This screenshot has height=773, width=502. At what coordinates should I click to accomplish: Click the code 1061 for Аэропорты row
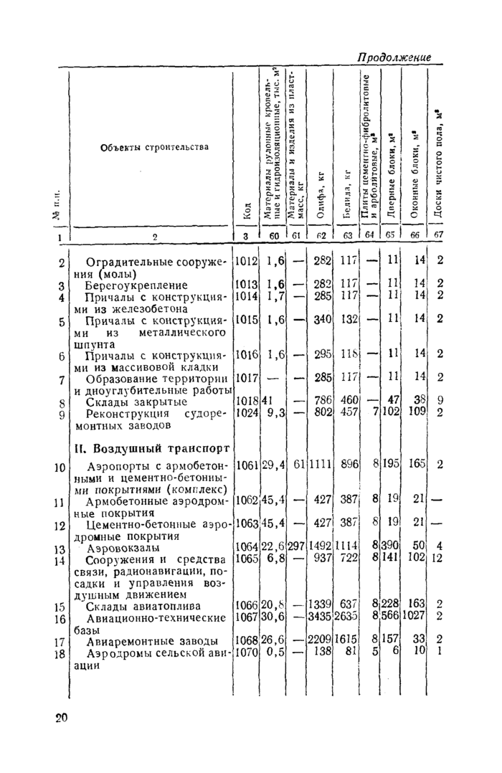coord(245,464)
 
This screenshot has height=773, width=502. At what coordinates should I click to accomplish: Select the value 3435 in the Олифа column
coord(321,617)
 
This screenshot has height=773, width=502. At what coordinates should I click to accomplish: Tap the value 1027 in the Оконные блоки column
coord(413,617)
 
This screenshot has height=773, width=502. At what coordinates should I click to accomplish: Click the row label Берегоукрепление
coord(136,285)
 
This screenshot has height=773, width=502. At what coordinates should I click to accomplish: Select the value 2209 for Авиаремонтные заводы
coord(321,640)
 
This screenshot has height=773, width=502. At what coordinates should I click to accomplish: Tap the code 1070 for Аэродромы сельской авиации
coord(245,652)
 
